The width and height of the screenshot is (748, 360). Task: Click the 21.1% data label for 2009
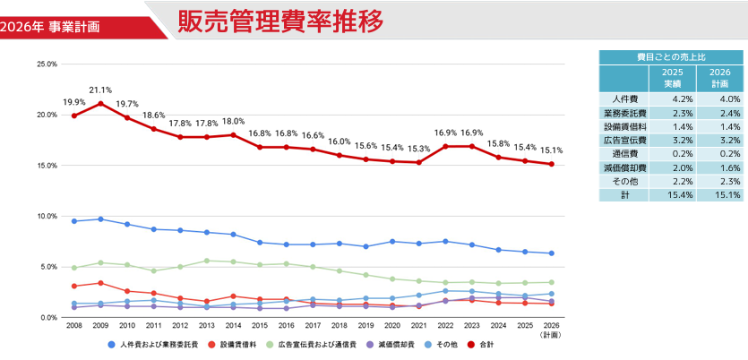point(100,90)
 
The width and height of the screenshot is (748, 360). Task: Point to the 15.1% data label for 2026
point(551,150)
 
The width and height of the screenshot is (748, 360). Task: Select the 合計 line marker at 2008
point(73,116)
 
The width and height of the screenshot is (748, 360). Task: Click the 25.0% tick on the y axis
point(47,64)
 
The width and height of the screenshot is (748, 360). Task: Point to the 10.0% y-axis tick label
point(47,217)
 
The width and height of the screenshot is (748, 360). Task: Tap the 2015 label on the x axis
point(260,327)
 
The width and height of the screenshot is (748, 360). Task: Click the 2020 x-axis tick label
point(391,327)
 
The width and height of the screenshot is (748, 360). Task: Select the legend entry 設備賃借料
point(236,345)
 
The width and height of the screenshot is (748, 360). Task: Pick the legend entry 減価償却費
point(394,345)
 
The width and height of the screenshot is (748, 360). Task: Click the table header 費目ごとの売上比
point(671,56)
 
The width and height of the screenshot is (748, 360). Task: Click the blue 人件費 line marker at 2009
point(100,219)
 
